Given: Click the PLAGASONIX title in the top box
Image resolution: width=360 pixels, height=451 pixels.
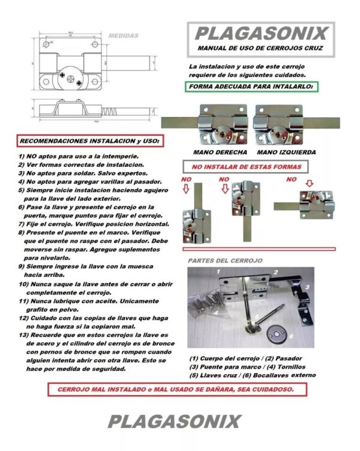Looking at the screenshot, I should pyautogui.click(x=261, y=32).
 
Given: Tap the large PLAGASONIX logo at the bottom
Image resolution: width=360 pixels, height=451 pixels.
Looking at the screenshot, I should pyautogui.click(x=175, y=420).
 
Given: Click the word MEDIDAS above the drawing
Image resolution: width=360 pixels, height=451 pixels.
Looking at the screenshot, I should pyautogui.click(x=124, y=36).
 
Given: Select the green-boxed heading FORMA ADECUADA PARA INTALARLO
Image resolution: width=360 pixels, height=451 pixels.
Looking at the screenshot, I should pyautogui.click(x=251, y=86).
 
